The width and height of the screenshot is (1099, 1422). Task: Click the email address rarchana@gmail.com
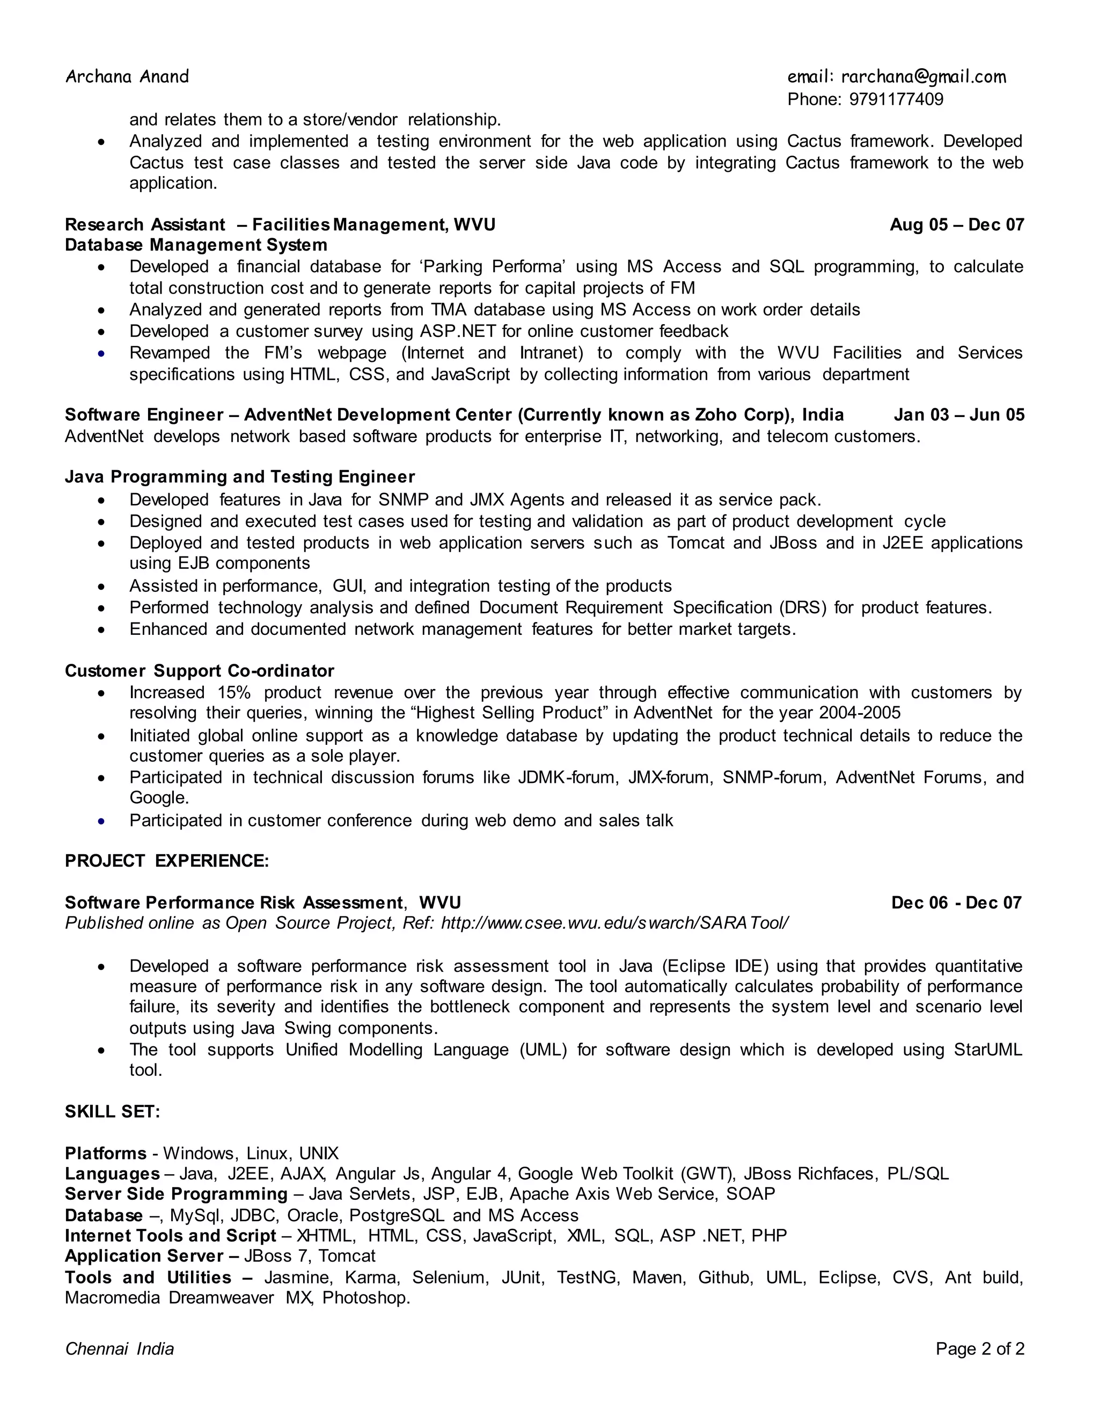(923, 77)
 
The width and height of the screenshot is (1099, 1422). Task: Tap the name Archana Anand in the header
(127, 77)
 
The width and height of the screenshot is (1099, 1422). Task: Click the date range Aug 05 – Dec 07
(956, 225)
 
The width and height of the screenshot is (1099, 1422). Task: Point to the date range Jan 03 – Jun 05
(958, 415)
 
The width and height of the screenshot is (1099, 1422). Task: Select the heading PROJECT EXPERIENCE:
(167, 861)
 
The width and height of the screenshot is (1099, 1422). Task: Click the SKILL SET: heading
(112, 1111)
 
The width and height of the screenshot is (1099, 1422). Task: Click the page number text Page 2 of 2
(979, 1348)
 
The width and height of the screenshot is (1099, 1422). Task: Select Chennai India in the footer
(120, 1348)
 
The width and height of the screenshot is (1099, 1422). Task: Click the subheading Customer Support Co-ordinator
(199, 671)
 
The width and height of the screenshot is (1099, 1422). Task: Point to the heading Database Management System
(196, 245)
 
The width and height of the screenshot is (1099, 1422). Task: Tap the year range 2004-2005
(860, 713)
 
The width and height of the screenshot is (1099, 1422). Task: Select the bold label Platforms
(106, 1153)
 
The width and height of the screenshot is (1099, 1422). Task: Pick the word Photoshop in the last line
(366, 1298)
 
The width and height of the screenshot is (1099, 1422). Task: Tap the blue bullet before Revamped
(101, 354)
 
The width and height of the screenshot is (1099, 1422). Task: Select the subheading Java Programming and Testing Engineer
(239, 477)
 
